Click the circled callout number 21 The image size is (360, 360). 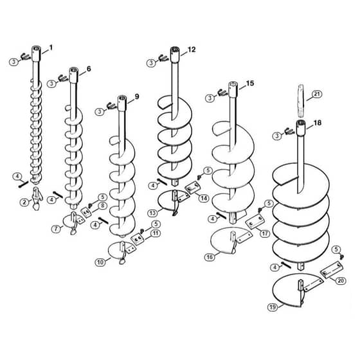coord(316,94)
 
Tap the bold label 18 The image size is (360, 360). coord(318,123)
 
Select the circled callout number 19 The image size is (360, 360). coord(273,307)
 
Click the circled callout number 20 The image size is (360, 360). coord(341,280)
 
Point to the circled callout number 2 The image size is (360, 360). coord(24,203)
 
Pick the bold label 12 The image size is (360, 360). coord(192,50)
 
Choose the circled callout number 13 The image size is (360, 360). coord(153,213)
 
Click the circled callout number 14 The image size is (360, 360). coord(204,198)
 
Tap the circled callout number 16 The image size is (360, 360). coord(210,257)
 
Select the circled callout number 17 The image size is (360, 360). coord(265,234)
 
